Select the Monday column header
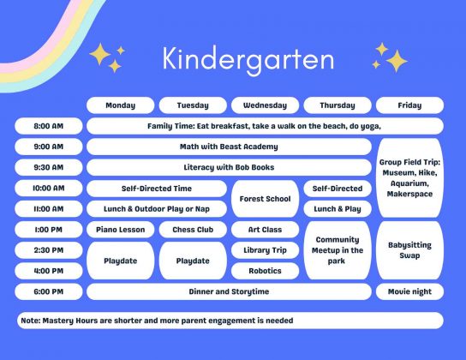point(121,105)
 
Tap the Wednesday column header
point(265,105)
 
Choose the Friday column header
point(409,105)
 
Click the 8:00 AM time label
point(49,126)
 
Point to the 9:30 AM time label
point(49,167)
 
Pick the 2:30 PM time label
point(49,250)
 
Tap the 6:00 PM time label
point(49,291)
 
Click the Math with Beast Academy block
point(229,147)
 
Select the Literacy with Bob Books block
point(229,167)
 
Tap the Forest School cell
point(265,199)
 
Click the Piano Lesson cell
point(121,230)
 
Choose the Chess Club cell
point(192,230)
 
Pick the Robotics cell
point(265,271)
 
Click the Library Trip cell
point(265,250)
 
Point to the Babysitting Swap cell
point(409,250)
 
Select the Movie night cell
point(409,291)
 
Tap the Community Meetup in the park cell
point(337,250)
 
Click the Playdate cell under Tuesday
point(192,261)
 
